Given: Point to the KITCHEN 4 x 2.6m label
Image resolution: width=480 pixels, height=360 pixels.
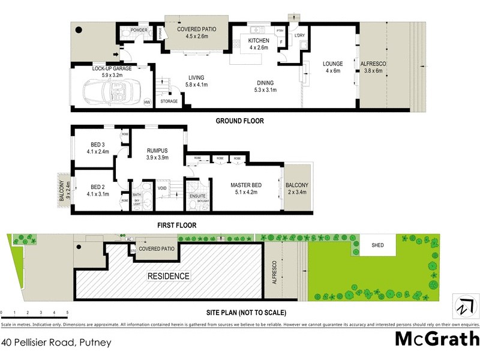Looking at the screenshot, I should pos(260,44).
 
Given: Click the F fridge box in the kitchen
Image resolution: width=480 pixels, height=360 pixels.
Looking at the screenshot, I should pos(280,41).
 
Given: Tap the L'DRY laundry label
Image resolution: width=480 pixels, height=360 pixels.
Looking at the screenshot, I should pos(300,35).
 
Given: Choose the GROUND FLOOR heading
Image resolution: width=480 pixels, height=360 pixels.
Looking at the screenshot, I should pos(239,121).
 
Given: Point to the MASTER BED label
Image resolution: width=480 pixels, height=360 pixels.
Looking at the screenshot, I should pos(244,188).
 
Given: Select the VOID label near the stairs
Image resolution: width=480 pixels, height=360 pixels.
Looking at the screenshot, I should pos(162,188).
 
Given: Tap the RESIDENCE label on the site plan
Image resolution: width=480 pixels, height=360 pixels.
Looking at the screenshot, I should pos(169,276).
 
